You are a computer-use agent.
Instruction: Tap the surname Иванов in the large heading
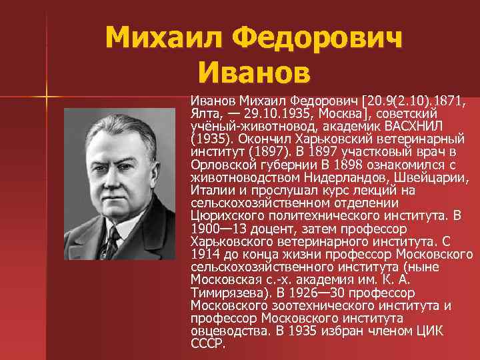tap(254, 69)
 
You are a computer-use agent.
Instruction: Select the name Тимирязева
tap(223, 292)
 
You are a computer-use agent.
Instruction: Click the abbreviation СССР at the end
tap(207, 343)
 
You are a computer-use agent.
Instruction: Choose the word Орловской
tap(222, 165)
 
